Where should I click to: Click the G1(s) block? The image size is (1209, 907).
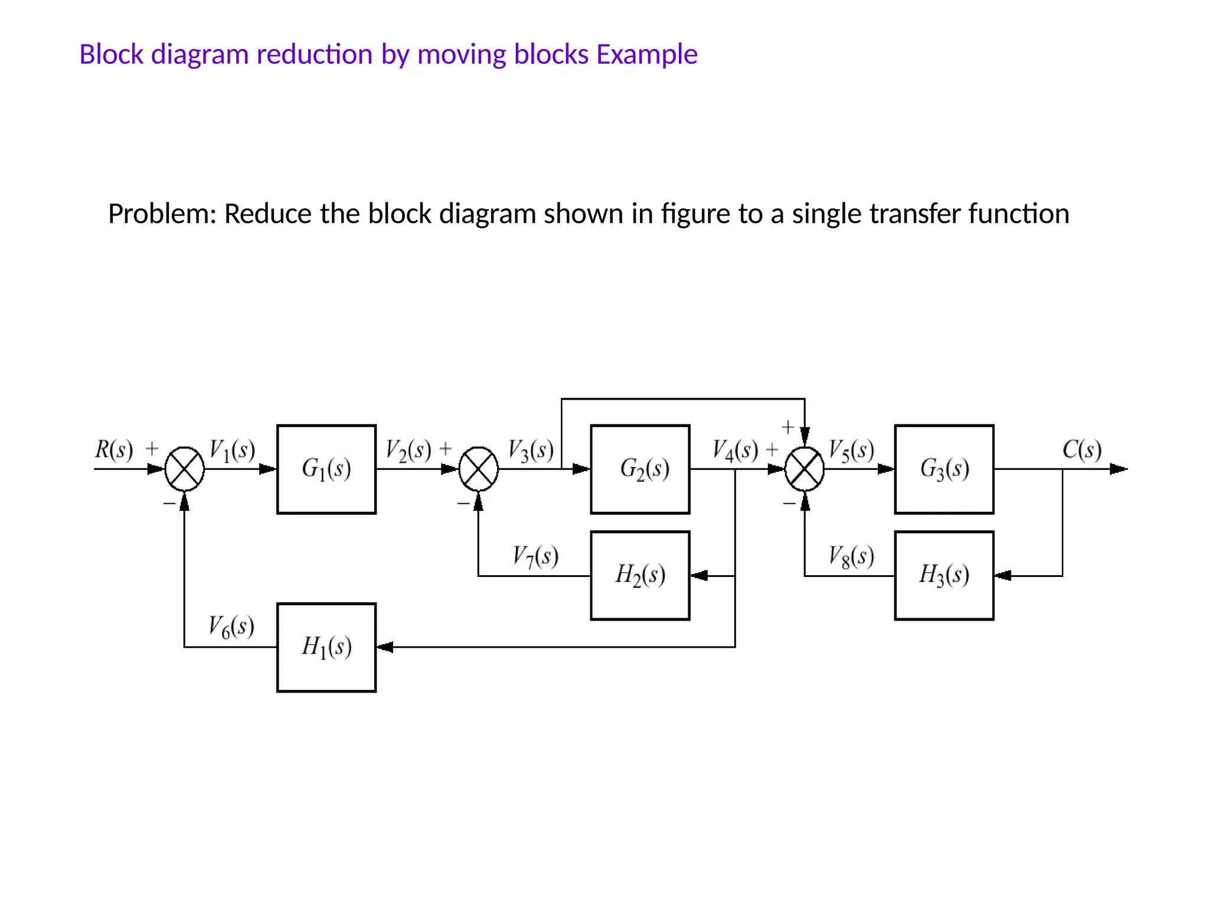pyautogui.click(x=326, y=469)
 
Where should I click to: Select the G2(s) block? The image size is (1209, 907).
pyautogui.click(x=640, y=469)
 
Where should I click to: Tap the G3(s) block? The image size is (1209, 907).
pyautogui.click(x=944, y=469)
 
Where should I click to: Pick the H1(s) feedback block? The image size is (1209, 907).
pyautogui.click(x=326, y=647)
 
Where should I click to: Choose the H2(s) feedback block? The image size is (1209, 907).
pyautogui.click(x=640, y=576)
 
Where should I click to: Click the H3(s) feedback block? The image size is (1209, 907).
pyautogui.click(x=944, y=576)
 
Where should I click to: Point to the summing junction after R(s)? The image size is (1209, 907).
pyautogui.click(x=185, y=469)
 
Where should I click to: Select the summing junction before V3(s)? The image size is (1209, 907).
pyautogui.click(x=479, y=469)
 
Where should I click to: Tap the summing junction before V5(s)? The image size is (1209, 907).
pyautogui.click(x=805, y=469)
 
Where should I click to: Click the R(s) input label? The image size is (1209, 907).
pyautogui.click(x=114, y=450)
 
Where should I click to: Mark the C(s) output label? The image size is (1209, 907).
pyautogui.click(x=1081, y=450)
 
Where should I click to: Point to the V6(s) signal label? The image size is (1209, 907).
pyautogui.click(x=231, y=627)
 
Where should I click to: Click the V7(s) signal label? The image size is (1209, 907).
pyautogui.click(x=535, y=556)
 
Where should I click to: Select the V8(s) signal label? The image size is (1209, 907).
pyautogui.click(x=851, y=556)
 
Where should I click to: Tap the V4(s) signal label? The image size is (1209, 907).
pyautogui.click(x=735, y=451)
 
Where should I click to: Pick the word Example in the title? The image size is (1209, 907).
pyautogui.click(x=646, y=54)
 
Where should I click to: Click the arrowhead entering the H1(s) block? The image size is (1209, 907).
pyautogui.click(x=384, y=647)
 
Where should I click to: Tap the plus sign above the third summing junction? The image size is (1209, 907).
pyautogui.click(x=788, y=427)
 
